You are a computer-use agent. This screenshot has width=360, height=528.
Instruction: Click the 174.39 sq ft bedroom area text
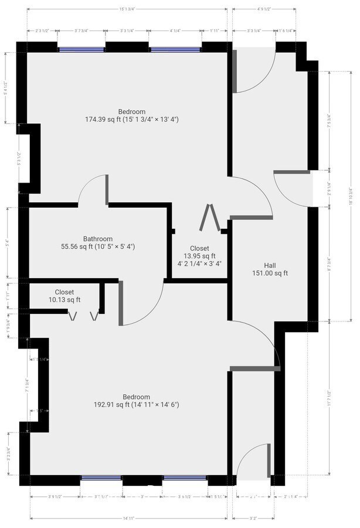[x=131, y=120]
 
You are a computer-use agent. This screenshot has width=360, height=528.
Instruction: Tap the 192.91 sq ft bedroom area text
[x=137, y=405]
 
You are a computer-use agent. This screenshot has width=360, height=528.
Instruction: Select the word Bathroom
[x=98, y=239]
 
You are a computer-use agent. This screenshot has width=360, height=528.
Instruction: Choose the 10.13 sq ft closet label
[x=64, y=300]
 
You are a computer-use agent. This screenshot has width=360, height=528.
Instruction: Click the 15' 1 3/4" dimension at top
[x=127, y=9]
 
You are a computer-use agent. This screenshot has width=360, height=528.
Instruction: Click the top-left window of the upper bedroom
[x=81, y=49]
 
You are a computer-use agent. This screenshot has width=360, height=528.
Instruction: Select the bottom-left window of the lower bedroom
[x=101, y=478]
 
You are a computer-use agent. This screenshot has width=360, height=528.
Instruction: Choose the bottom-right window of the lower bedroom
[x=185, y=478]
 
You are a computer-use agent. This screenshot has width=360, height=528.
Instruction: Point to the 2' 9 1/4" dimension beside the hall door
[x=330, y=188]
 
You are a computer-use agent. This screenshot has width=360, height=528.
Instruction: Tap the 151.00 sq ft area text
[x=270, y=273]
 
